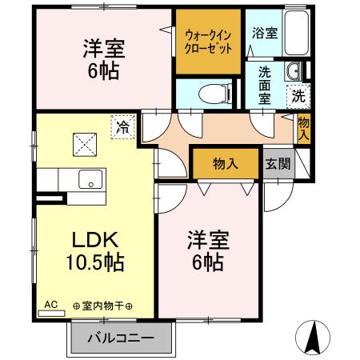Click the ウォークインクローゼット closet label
click(x=209, y=42)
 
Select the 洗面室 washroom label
click(x=265, y=85)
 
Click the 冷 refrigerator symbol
click(x=123, y=126)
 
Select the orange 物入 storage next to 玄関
click(x=226, y=164)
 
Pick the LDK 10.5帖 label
click(x=95, y=249)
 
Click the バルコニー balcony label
click(x=120, y=338)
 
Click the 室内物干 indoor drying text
click(x=102, y=306)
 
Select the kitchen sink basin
click(x=89, y=179)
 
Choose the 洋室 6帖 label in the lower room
click(x=208, y=249)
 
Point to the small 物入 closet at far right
click(x=303, y=129)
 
